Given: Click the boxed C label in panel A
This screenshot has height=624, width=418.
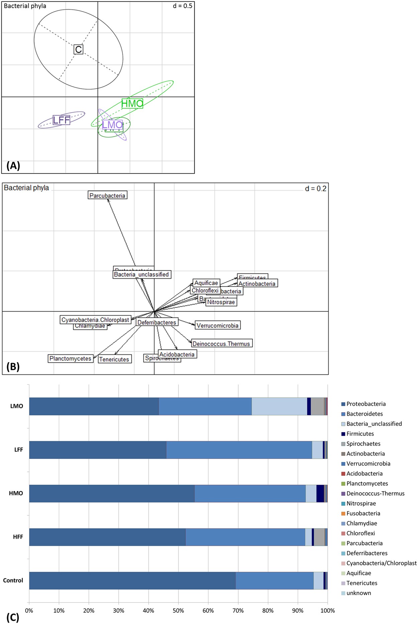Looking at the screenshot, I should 78,49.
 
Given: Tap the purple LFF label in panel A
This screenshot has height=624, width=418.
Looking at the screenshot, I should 62,120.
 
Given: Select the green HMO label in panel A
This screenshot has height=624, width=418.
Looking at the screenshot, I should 132,104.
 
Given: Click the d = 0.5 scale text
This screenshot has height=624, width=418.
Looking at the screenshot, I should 182,6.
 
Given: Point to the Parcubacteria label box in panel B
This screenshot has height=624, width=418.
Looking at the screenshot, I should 107,196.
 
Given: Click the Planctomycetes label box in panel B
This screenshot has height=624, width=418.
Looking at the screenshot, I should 70,359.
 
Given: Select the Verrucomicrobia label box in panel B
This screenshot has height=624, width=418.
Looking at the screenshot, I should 217,326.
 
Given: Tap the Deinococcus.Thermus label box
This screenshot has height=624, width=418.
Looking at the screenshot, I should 221,344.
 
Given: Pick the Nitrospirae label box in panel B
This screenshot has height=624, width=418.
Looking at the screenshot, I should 221,302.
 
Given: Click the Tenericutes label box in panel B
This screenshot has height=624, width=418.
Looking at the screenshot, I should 114,359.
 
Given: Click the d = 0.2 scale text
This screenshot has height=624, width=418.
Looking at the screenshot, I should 315,189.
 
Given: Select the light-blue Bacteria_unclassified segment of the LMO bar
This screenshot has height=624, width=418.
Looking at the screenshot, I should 279,406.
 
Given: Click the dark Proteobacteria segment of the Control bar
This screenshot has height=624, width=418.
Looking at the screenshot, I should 132,581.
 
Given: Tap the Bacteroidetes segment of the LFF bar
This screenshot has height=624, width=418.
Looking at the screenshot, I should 239,450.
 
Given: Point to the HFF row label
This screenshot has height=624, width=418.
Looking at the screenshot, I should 18,537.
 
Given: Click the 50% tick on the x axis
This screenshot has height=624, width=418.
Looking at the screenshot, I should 178,611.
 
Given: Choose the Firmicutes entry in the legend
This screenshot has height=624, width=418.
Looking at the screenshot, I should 360,434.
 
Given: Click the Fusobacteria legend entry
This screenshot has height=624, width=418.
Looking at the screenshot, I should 363,513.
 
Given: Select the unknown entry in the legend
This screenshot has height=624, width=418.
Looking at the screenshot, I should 358,593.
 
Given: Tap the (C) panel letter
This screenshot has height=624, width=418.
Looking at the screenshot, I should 13,617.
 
